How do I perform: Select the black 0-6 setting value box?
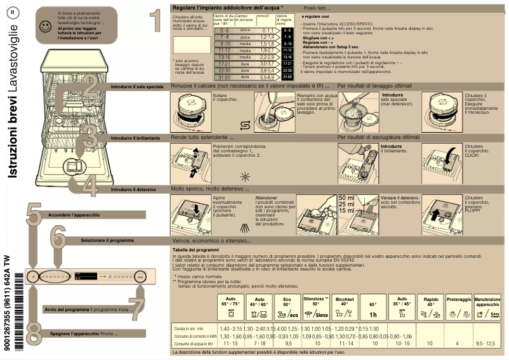point(287,30)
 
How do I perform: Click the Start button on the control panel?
point(140,277)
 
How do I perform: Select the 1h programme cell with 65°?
point(373,309)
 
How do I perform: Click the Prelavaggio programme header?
point(459,299)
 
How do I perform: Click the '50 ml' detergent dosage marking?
point(347,198)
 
